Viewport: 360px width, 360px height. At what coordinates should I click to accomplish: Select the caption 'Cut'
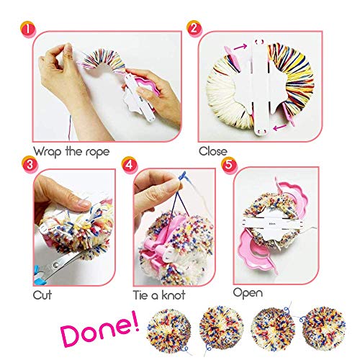coord(42,295)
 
